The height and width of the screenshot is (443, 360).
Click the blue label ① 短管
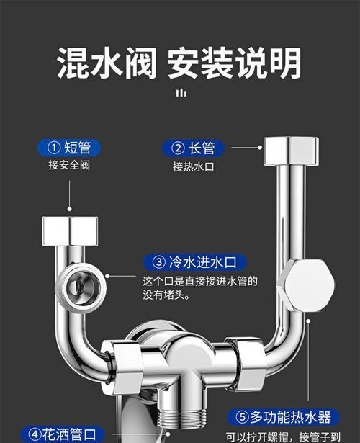point(69,148)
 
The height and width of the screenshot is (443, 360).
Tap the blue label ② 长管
point(194,148)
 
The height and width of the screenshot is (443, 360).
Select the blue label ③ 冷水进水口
point(195,262)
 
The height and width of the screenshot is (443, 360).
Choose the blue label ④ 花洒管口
point(63,434)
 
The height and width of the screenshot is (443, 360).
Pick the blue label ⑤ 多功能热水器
point(284,417)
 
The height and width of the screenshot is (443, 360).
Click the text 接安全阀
point(69,165)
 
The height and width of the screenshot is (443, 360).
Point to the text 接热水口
point(194,166)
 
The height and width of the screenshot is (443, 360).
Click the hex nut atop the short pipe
point(70,231)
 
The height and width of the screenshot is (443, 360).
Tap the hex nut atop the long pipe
point(291,151)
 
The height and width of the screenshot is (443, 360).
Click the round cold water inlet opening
point(81,287)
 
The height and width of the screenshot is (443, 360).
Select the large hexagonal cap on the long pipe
point(306,286)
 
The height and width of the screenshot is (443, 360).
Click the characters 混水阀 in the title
point(107,63)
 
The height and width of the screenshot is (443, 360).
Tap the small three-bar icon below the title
point(181,93)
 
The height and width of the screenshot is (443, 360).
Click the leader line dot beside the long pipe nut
point(260,148)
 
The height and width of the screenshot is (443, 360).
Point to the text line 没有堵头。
point(166,295)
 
